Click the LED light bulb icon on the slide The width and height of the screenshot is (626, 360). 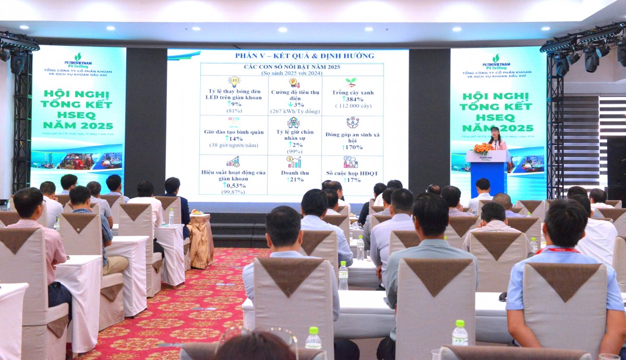point(234,81)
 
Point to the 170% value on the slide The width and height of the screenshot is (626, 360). point(353,147)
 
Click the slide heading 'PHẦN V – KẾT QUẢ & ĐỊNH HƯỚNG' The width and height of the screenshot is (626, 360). point(305,56)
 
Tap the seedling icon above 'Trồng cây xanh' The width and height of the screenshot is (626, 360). point(351,82)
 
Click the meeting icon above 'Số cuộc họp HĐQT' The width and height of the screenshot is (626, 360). point(351,162)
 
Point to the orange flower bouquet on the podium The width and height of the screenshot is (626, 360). point(483,148)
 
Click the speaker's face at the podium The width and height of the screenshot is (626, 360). point(495,132)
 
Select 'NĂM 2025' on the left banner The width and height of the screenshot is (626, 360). point(78,125)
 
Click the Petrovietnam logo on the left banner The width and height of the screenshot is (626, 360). point(78,59)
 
